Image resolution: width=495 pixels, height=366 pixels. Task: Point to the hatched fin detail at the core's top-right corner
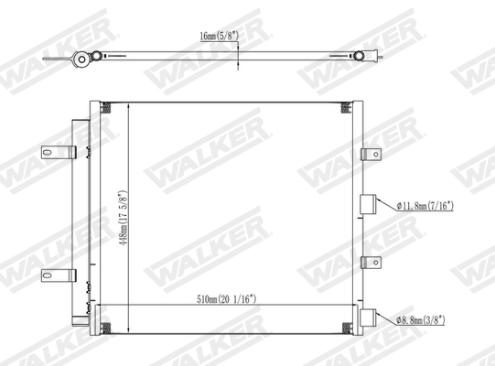[349, 109]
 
